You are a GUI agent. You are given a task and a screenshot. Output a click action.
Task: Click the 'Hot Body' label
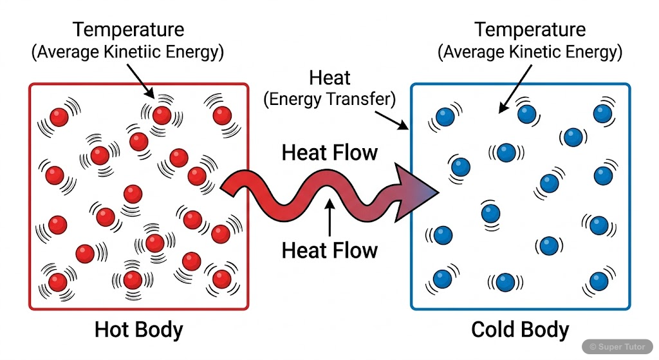point(138,330)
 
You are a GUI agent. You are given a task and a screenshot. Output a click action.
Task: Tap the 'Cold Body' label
point(520,330)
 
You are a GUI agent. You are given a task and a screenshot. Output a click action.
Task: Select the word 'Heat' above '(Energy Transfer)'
point(329,79)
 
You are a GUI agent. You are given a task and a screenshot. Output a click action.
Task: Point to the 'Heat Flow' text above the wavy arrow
point(329,153)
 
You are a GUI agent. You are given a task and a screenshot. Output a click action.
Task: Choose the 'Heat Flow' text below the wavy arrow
point(329,250)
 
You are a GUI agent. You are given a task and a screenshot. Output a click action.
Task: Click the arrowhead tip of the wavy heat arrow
point(437,191)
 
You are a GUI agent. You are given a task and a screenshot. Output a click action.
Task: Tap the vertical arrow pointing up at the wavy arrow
point(329,219)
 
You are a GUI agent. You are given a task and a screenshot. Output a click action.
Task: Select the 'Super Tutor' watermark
point(617,346)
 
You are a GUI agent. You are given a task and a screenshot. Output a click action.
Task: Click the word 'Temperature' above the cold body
point(530,30)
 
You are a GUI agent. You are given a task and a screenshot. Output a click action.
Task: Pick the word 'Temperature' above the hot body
point(128,30)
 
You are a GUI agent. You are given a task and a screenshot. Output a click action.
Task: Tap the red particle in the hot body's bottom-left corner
point(57,282)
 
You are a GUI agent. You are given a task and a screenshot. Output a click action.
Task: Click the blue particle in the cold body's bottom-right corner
point(599,281)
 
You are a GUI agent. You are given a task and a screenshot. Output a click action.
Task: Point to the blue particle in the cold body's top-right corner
point(602,114)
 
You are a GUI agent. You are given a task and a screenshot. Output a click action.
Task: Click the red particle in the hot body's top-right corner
point(222,115)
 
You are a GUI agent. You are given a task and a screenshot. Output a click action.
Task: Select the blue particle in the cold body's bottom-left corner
point(442,279)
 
